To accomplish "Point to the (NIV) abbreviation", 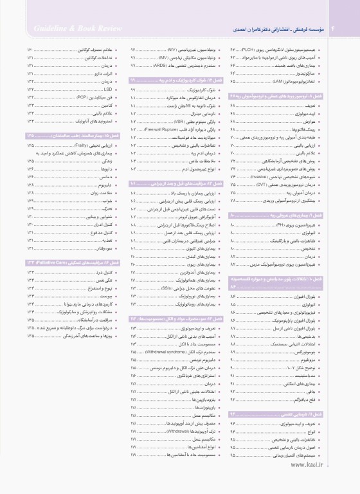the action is point(172,50).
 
